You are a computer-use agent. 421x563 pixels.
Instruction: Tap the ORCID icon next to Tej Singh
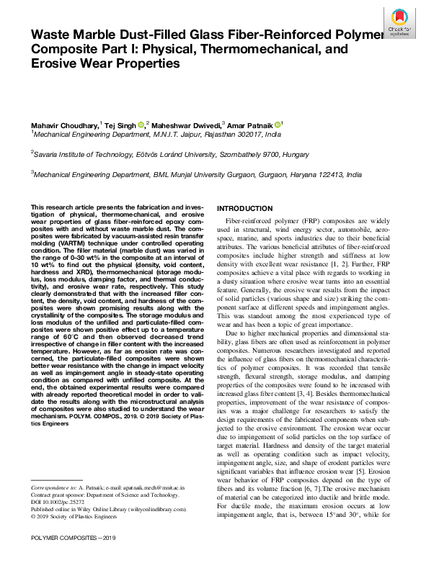[141, 125]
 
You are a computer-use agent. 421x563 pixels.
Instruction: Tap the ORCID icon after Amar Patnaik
[278, 125]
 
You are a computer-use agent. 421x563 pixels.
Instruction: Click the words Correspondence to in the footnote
[56, 487]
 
